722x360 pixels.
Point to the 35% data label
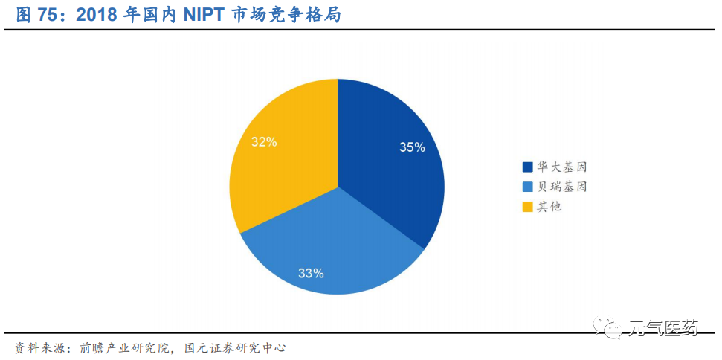pyautogui.click(x=412, y=147)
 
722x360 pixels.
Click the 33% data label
pyautogui.click(x=311, y=273)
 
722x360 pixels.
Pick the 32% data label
pyautogui.click(x=264, y=141)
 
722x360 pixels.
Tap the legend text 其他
pyautogui.click(x=549, y=206)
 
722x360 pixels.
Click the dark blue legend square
pyautogui.click(x=528, y=167)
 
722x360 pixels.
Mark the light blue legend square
pyautogui.click(x=528, y=187)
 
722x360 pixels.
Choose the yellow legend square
pyautogui.click(x=528, y=206)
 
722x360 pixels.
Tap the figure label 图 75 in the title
pyautogui.click(x=36, y=15)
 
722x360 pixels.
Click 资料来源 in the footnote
pyautogui.click(x=35, y=347)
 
